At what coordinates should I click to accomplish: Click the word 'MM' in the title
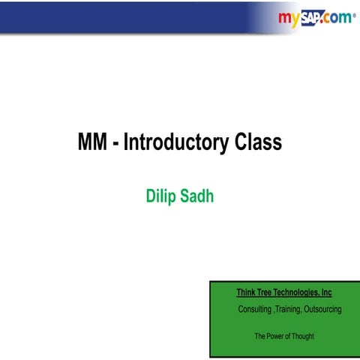coord(93,142)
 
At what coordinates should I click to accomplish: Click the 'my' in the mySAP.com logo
coord(289,17)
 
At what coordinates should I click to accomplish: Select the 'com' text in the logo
coord(339,18)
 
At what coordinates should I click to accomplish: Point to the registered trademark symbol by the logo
coord(354,13)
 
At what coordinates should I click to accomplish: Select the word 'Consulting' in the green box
coord(254,310)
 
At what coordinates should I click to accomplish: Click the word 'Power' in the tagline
coord(278,336)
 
